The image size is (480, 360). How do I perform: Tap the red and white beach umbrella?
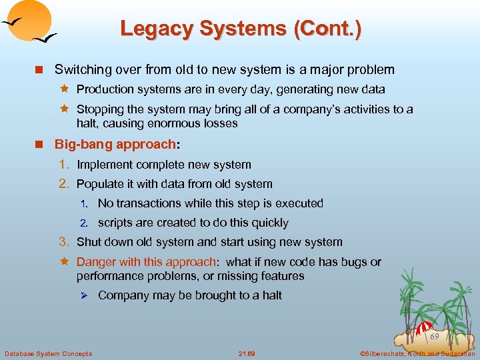(424, 327)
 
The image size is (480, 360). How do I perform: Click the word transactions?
(149, 203)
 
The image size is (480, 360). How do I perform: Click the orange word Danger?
(95, 262)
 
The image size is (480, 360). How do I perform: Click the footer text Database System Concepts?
(49, 353)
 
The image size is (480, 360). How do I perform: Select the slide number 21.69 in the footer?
(247, 353)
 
